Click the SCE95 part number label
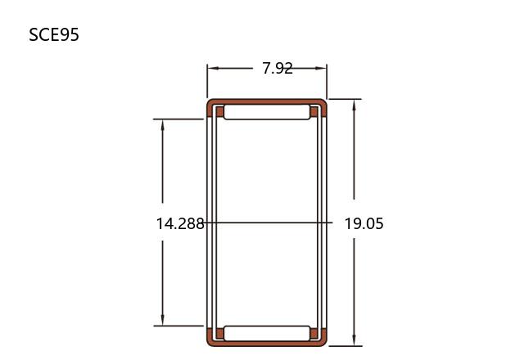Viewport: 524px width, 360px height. pyautogui.click(x=54, y=34)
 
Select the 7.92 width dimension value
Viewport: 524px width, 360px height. pyautogui.click(x=278, y=69)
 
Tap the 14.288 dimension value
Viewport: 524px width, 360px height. pyautogui.click(x=180, y=223)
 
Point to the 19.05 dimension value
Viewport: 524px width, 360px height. pyautogui.click(x=364, y=223)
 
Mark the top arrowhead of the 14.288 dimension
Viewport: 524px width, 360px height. pyautogui.click(x=163, y=125)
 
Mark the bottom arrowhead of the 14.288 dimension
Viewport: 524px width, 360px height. pyautogui.click(x=163, y=320)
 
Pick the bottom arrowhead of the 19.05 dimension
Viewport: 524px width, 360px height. pyautogui.click(x=355, y=340)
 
